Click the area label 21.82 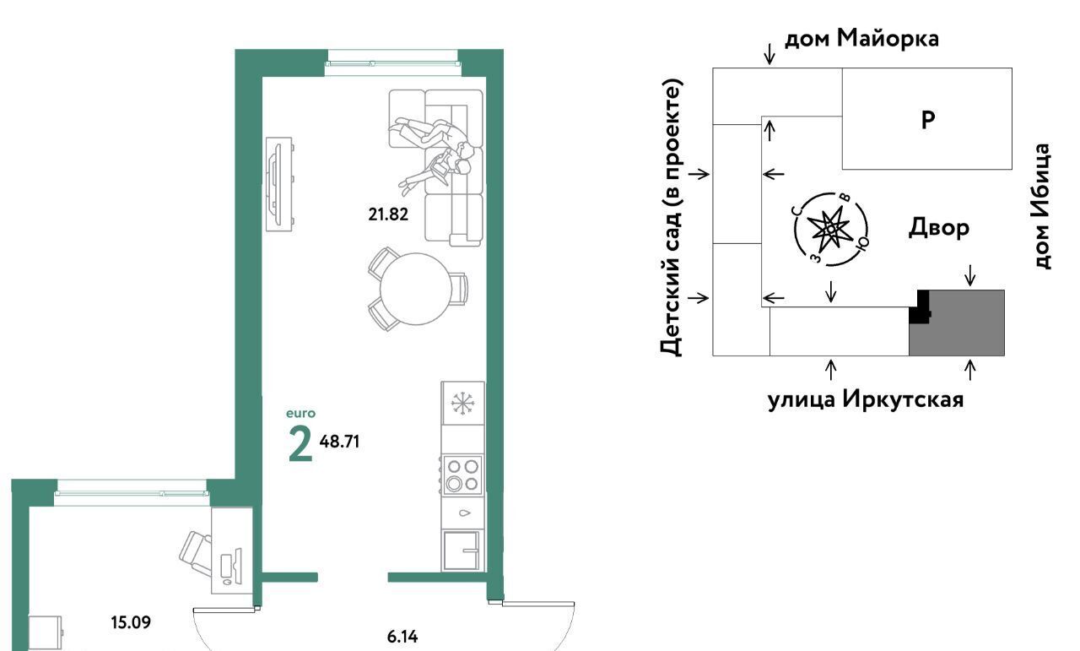pyautogui.click(x=388, y=214)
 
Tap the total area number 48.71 pyautogui.click(x=339, y=442)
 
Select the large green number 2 pyautogui.click(x=300, y=445)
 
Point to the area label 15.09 pyautogui.click(x=131, y=622)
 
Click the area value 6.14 pyautogui.click(x=402, y=637)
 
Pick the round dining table pyautogui.click(x=416, y=289)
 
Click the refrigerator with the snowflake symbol pyautogui.click(x=463, y=403)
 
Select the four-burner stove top pyautogui.click(x=462, y=475)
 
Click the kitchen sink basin pyautogui.click(x=461, y=551)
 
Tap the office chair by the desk pyautogui.click(x=197, y=553)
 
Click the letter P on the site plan pyautogui.click(x=928, y=120)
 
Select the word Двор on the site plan pyautogui.click(x=939, y=227)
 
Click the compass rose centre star pyautogui.click(x=830, y=228)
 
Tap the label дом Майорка pyautogui.click(x=861, y=38)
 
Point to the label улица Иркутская pyautogui.click(x=866, y=400)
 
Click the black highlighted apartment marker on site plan pyautogui.click(x=919, y=307)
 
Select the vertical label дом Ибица pyautogui.click(x=1042, y=206)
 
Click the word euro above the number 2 pyautogui.click(x=301, y=414)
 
